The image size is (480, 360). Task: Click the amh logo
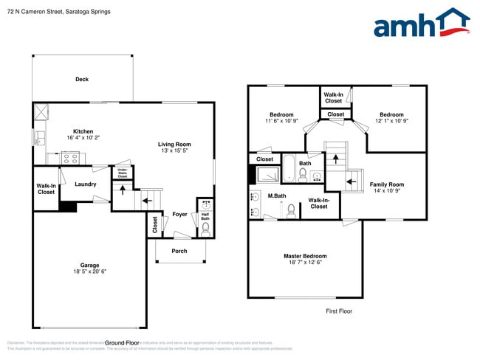point(421,24)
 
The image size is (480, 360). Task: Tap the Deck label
point(82,80)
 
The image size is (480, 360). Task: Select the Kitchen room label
point(83,131)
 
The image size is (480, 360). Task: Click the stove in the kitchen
point(70,157)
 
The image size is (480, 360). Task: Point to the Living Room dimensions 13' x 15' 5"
point(174,151)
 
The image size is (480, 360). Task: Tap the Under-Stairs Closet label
point(122,173)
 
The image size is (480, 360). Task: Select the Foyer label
point(179,215)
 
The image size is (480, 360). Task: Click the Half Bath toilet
point(205,229)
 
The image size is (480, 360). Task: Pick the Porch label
point(179,251)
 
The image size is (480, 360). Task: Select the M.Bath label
point(277,196)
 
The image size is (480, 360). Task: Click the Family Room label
point(387,184)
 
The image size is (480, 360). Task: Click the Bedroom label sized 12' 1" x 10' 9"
point(391,114)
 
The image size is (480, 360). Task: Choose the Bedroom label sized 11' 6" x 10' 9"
point(281,114)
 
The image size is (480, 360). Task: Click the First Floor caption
point(339,311)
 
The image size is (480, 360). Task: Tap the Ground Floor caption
point(122,343)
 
